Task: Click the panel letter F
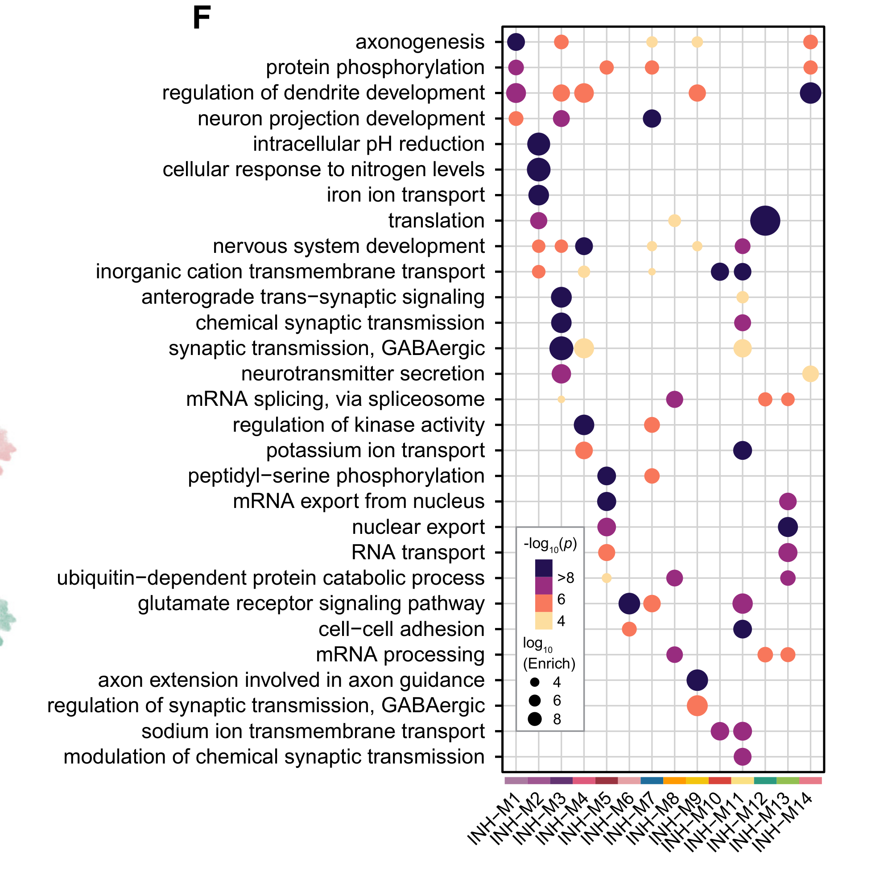(x=202, y=18)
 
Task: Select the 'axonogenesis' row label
(x=420, y=42)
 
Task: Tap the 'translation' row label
(x=436, y=221)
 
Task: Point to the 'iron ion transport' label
(x=405, y=195)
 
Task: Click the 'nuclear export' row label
(x=418, y=528)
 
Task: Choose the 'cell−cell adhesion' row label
(x=401, y=629)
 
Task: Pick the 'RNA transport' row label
(x=417, y=553)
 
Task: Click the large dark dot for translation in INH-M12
(x=765, y=221)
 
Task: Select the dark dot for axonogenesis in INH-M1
(x=516, y=42)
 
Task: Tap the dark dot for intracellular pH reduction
(x=538, y=144)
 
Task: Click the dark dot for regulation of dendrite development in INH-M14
(x=810, y=93)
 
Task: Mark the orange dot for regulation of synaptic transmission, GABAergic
(x=697, y=706)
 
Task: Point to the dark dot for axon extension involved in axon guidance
(x=697, y=680)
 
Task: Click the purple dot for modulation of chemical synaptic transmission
(x=743, y=757)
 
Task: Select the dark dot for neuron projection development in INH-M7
(x=652, y=119)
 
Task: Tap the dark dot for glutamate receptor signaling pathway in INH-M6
(x=629, y=604)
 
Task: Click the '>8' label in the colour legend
(x=566, y=579)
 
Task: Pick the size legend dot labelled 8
(x=535, y=719)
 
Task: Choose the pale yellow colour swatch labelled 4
(x=544, y=621)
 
